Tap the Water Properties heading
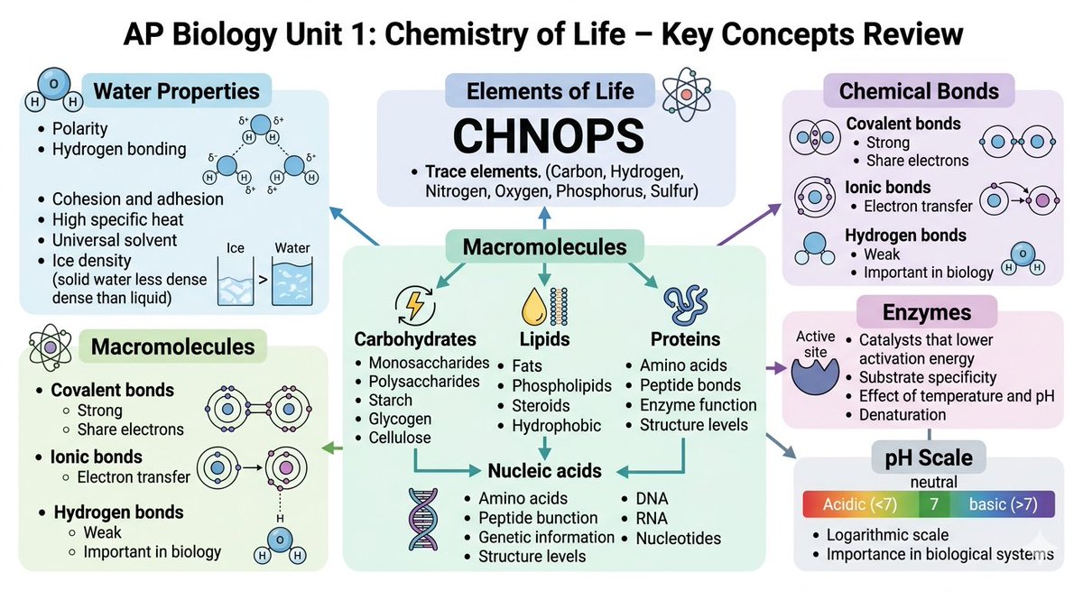(176, 91)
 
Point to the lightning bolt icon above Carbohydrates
(415, 305)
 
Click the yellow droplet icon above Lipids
(532, 307)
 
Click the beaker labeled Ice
(237, 278)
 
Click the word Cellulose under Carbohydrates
(400, 438)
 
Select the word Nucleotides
(678, 538)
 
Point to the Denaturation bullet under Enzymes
(902, 414)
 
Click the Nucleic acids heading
(544, 470)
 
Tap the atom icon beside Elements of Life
(686, 93)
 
